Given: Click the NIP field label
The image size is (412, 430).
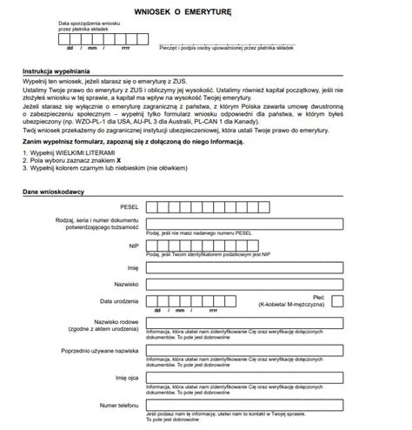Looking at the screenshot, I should (x=133, y=246).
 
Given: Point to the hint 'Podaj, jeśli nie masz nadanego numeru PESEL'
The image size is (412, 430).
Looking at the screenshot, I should (x=200, y=234).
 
